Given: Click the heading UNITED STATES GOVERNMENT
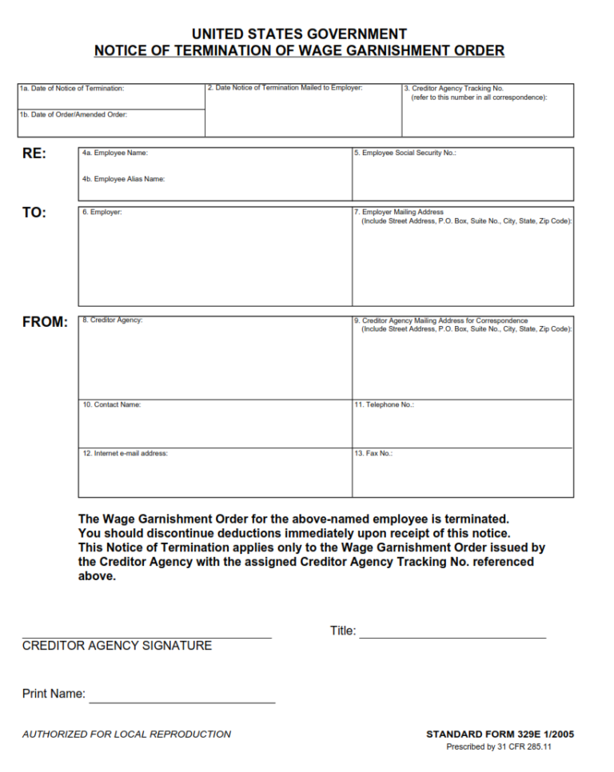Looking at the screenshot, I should (299, 34).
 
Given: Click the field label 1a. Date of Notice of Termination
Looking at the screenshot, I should (72, 89).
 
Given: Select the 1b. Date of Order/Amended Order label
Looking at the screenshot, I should (74, 114).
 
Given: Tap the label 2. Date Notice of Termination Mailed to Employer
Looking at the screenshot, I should (285, 87).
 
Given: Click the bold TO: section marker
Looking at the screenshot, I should (34, 213).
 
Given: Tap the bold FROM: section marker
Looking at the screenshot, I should (45, 322).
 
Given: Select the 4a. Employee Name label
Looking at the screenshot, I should (115, 153).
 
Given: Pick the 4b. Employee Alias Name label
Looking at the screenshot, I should (123, 179).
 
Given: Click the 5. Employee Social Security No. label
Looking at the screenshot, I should (405, 153).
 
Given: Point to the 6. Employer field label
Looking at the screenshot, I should (102, 213).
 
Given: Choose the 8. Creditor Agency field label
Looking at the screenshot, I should (113, 320).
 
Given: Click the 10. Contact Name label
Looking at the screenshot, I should (112, 404).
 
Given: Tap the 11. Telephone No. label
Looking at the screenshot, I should (385, 404).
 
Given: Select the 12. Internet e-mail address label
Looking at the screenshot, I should (126, 453).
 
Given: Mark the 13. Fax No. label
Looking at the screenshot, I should (373, 453).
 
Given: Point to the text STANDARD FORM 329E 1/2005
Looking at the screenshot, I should (500, 734).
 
